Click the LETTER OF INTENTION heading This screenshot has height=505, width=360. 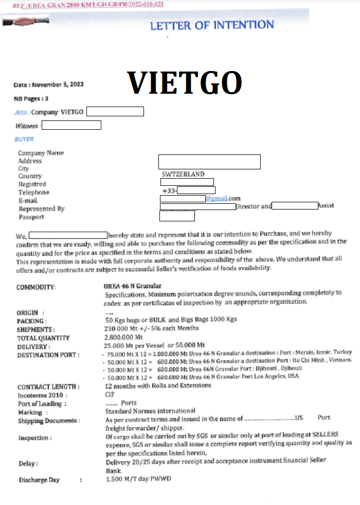[211, 25]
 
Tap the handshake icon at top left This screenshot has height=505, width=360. [17, 22]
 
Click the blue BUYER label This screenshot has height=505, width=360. [24, 139]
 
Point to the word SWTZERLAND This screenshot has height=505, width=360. [183, 175]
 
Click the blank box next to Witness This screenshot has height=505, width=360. [71, 125]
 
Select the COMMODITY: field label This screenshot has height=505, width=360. [36, 287]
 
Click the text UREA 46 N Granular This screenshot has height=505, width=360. [133, 286]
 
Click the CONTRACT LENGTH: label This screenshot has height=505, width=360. [48, 387]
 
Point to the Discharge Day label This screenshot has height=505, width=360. [39, 480]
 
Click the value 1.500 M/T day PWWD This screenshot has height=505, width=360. [138, 479]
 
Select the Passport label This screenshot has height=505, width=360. [31, 217]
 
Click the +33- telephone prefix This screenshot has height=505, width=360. [169, 191]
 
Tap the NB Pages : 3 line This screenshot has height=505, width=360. [31, 98]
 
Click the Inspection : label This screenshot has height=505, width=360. [35, 438]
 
